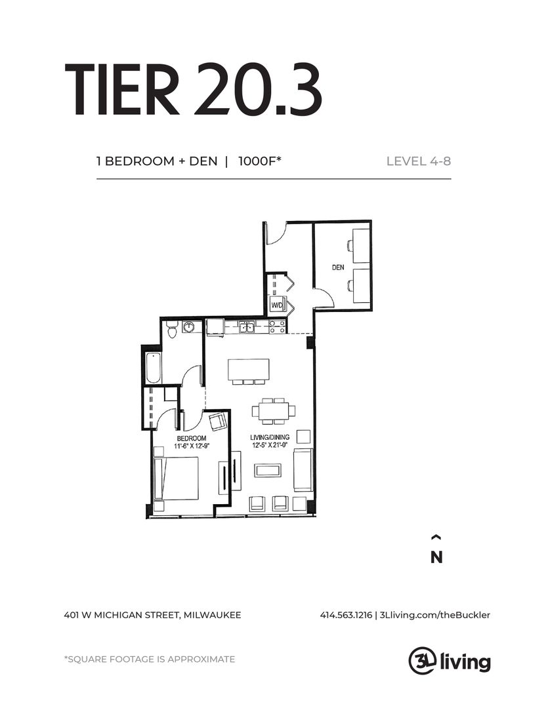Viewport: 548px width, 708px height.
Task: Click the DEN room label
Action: pyautogui.click(x=338, y=267)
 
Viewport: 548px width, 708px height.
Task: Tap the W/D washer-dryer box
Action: pyautogui.click(x=277, y=305)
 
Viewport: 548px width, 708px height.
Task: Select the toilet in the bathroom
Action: pyautogui.click(x=172, y=330)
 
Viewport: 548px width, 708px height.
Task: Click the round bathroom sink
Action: pyautogui.click(x=190, y=326)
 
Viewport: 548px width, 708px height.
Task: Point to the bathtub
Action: pyautogui.click(x=152, y=368)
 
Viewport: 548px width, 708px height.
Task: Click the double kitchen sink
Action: pyautogui.click(x=247, y=326)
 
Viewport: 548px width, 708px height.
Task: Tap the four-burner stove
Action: pyautogui.click(x=277, y=326)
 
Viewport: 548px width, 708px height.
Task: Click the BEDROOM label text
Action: pyautogui.click(x=191, y=438)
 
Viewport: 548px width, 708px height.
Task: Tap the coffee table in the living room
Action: pyautogui.click(x=268, y=470)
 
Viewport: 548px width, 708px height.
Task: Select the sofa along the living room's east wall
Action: pyautogui.click(x=303, y=470)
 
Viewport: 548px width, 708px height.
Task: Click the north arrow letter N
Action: pyautogui.click(x=436, y=557)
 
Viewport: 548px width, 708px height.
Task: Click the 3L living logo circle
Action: pyautogui.click(x=420, y=659)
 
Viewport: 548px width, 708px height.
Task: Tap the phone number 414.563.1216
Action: pyautogui.click(x=346, y=615)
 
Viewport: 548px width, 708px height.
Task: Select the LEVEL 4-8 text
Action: pyautogui.click(x=419, y=161)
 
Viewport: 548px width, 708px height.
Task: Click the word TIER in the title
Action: pyautogui.click(x=123, y=90)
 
